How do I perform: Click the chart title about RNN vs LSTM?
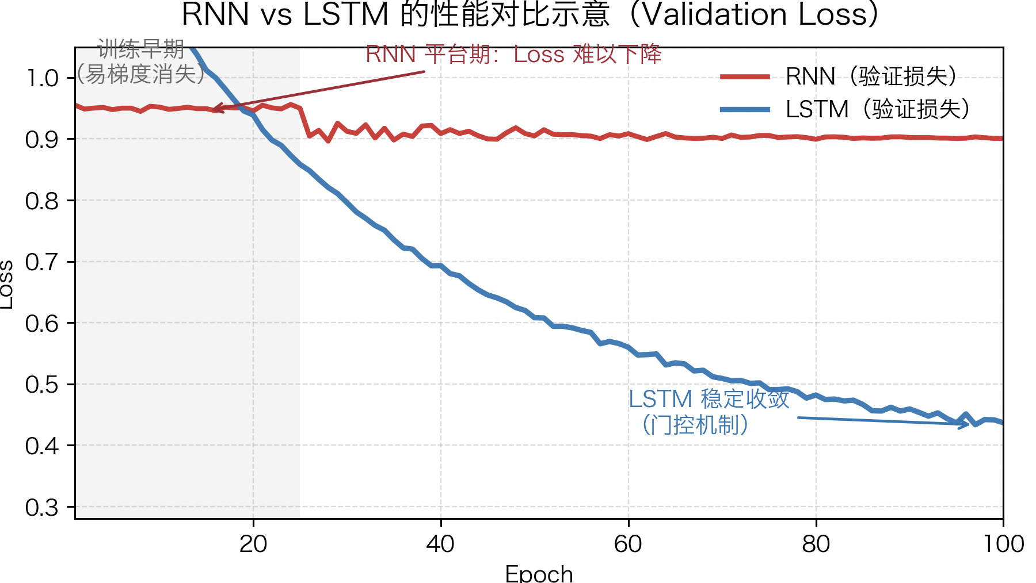[530, 14]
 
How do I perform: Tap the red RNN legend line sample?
[745, 76]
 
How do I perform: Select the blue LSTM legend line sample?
[745, 109]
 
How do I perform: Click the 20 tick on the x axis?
[253, 544]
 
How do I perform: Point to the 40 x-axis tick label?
[441, 544]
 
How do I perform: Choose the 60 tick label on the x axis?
[628, 544]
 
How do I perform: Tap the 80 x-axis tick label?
[816, 544]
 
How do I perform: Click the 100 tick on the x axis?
[1003, 544]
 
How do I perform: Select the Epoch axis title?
[539, 574]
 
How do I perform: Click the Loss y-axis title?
[7, 285]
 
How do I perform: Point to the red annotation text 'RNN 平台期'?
[513, 55]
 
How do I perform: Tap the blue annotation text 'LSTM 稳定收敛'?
[709, 399]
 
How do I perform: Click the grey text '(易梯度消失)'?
[141, 74]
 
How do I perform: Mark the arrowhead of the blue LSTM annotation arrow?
[966, 425]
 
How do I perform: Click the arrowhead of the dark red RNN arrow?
[215, 108]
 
